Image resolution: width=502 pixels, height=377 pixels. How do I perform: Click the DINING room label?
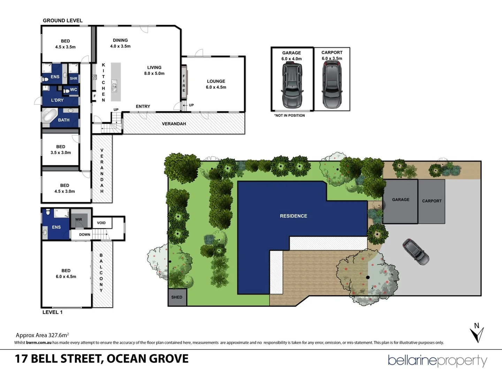point(120,40)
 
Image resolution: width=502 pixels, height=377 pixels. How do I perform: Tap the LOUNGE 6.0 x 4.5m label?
point(216,84)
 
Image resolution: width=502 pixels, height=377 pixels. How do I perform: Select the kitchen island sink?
point(114,85)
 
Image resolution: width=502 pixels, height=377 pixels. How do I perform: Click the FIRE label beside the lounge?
point(184,83)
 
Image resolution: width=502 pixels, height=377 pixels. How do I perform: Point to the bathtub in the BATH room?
point(50,116)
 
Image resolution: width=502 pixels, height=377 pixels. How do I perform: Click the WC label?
point(74,90)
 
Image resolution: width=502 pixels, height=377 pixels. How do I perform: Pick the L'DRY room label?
point(57,100)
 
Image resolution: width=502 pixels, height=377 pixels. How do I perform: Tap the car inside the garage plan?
point(292,86)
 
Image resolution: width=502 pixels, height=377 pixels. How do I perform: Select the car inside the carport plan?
point(332,84)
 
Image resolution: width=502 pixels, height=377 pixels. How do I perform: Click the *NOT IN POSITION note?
point(289,116)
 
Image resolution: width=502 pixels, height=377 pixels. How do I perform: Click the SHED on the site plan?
point(177,297)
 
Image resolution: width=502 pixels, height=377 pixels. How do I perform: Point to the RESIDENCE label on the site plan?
point(294,216)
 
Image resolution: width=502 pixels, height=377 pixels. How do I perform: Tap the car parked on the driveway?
point(416,251)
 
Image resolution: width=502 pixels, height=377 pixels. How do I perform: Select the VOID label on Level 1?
point(101,223)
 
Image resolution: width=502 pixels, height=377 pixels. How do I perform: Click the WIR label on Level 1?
point(79,220)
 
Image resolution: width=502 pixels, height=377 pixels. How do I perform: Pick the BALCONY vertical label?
point(101,273)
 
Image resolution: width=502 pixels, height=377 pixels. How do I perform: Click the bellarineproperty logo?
point(438,361)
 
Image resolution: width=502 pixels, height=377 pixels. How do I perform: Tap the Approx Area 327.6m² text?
point(42,335)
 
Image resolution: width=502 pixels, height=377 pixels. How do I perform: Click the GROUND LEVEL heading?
point(63,21)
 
